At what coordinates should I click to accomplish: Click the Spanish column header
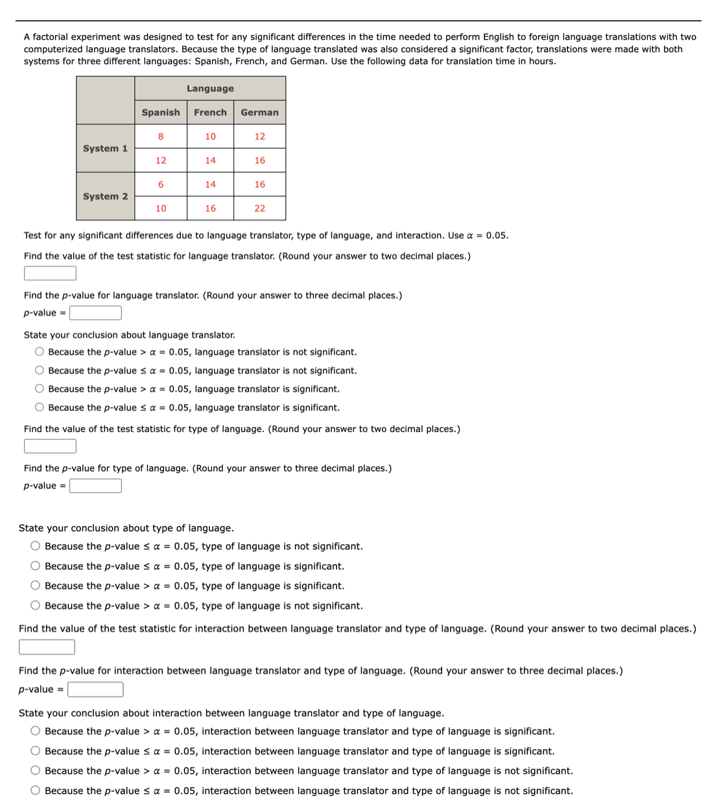(161, 112)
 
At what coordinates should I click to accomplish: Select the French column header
(210, 112)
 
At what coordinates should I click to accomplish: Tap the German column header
(259, 112)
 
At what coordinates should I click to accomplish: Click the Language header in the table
(210, 88)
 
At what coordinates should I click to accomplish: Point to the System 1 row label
(105, 149)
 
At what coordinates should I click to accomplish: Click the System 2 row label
(105, 197)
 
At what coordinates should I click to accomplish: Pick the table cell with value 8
(161, 136)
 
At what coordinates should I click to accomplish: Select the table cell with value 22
(259, 208)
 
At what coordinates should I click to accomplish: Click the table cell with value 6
(161, 184)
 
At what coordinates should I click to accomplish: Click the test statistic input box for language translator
(50, 273)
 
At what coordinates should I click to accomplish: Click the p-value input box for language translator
(95, 313)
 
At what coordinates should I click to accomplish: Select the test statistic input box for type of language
(50, 446)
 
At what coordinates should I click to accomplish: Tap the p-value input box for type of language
(95, 486)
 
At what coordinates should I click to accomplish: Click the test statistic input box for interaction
(47, 647)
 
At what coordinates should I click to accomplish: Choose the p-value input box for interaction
(95, 689)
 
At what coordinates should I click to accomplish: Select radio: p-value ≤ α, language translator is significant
(40, 407)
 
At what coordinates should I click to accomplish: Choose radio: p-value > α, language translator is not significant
(40, 352)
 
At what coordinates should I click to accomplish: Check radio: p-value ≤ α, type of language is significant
(36, 566)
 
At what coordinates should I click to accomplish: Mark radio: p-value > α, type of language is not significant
(36, 606)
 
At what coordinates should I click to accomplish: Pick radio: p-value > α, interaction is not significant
(36, 770)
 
